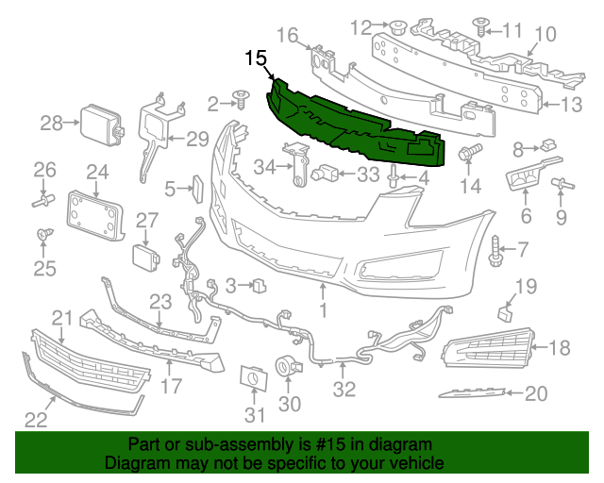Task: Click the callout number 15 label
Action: tap(256, 59)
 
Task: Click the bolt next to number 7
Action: tap(495, 248)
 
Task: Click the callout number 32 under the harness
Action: tap(344, 387)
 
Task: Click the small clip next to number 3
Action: tap(258, 282)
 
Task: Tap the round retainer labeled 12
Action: tap(398, 25)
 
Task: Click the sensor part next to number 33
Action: tap(325, 174)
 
